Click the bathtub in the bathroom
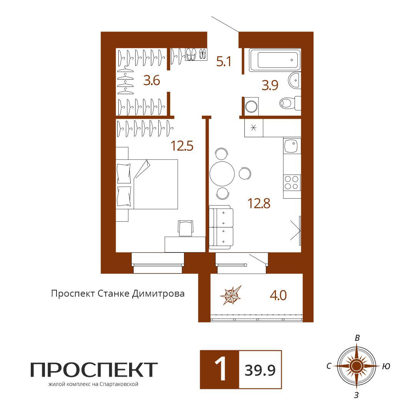click(x=275, y=60)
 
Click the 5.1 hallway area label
click(x=224, y=61)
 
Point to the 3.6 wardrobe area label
click(x=152, y=80)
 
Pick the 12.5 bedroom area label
click(x=182, y=146)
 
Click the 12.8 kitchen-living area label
click(x=259, y=204)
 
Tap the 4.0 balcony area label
click(x=278, y=295)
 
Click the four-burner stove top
click(x=292, y=183)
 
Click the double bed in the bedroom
click(x=147, y=184)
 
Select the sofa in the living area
click(x=221, y=227)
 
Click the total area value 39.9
click(x=260, y=370)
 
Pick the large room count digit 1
click(x=220, y=369)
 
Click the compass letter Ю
click(x=386, y=366)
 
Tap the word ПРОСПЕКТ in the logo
click(x=94, y=370)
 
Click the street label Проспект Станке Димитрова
click(x=118, y=294)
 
